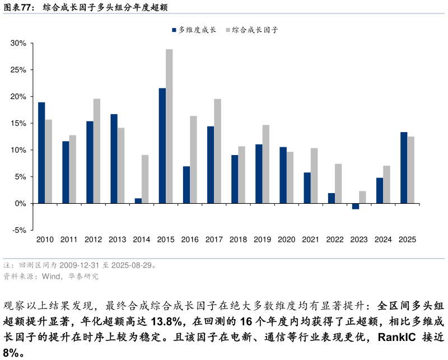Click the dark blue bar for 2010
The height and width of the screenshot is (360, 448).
[x=41, y=153]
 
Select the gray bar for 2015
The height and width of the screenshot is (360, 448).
[x=169, y=126]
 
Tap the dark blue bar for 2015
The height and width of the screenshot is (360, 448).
[x=162, y=146]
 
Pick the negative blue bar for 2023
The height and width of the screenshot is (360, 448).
[x=356, y=206]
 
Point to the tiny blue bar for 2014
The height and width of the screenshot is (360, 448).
[x=138, y=201]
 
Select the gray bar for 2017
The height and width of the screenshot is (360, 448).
[x=217, y=151]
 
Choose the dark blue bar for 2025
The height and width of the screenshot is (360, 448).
[x=404, y=168]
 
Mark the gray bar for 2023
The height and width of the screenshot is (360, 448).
[x=362, y=197]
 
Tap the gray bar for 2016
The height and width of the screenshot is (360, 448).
[x=193, y=160]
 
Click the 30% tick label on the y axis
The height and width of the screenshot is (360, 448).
[x=18, y=43]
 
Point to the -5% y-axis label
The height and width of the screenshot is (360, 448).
[x=18, y=230]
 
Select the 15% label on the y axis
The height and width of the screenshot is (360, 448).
[x=18, y=123]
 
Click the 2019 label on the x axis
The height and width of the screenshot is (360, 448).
[x=262, y=240]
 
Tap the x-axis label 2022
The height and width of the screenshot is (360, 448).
[x=334, y=240]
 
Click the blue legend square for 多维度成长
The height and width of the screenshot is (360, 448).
[x=174, y=30]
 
